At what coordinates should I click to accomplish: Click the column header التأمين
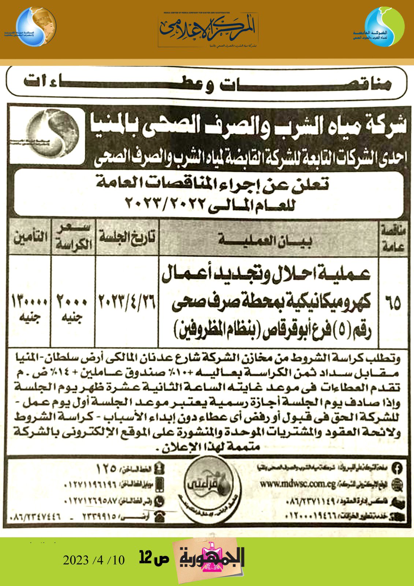pyautogui.click(x=30, y=237)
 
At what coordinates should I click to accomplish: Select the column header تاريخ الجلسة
pyautogui.click(x=127, y=237)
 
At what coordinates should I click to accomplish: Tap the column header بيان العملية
pyautogui.click(x=265, y=240)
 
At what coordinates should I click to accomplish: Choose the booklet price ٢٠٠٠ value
pyautogui.click(x=72, y=302)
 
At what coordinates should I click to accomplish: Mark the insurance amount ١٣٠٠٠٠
pyautogui.click(x=30, y=302)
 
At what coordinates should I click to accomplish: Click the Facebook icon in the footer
pyautogui.click(x=397, y=468)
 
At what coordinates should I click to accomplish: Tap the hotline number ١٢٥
pyautogui.click(x=106, y=468)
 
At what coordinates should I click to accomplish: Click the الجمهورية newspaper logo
pyautogui.click(x=211, y=559)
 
